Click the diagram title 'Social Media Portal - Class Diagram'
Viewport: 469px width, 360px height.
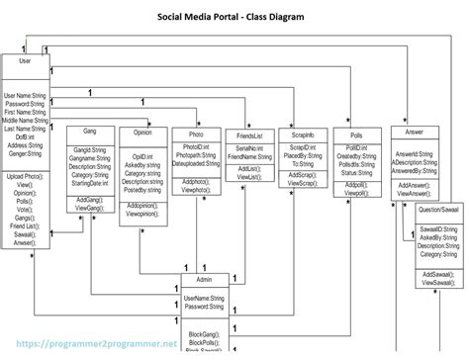[234, 17]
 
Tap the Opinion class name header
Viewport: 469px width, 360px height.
[141, 132]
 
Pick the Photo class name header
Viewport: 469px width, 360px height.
[196, 135]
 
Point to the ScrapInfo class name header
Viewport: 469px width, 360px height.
[303, 135]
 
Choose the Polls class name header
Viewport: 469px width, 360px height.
[357, 135]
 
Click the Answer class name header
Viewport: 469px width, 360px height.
[415, 132]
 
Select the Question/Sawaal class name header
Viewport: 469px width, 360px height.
[437, 210]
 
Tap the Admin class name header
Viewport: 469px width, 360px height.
[204, 280]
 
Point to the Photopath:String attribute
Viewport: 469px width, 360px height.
[198, 155]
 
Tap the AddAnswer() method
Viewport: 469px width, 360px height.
[414, 185]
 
